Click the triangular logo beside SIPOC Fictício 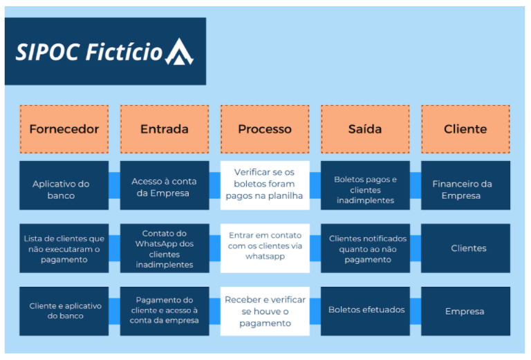click(180, 52)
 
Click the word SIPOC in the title click(48, 52)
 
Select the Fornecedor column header click(64, 129)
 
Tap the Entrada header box click(165, 129)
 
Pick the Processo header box click(265, 129)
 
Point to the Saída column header click(365, 129)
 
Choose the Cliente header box click(465, 129)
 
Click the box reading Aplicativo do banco click(64, 185)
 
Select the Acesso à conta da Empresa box click(165, 185)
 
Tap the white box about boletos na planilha click(265, 185)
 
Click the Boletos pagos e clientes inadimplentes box click(365, 185)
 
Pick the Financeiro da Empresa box click(465, 185)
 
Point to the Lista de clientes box click(64, 248)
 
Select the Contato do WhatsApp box click(165, 248)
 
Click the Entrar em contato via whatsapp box click(265, 248)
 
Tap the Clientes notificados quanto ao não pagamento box click(365, 248)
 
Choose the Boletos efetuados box click(365, 311)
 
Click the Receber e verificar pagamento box click(265, 311)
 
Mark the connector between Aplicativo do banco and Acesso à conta click(115, 185)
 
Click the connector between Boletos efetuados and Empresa click(416, 311)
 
